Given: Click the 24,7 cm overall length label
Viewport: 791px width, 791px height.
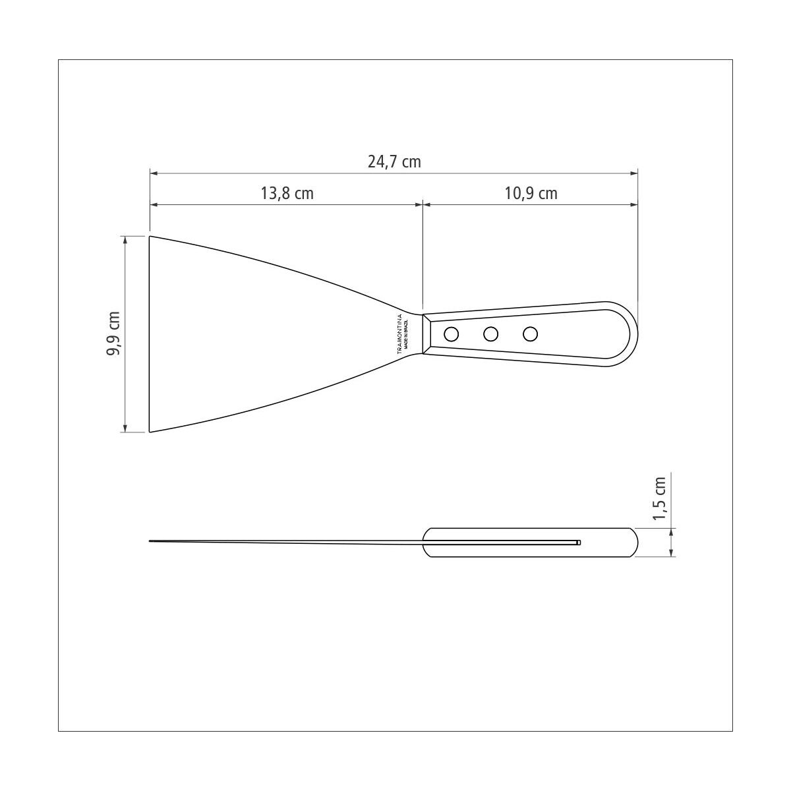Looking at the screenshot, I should (x=394, y=161).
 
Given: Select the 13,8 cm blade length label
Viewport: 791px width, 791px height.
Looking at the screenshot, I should (x=287, y=193).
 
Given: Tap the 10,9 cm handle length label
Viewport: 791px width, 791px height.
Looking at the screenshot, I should (x=531, y=193).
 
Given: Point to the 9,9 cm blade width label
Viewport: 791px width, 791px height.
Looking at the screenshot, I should (x=113, y=334).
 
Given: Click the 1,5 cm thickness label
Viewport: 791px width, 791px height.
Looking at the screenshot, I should (x=659, y=498).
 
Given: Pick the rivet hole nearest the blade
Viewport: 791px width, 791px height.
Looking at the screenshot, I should (x=452, y=334).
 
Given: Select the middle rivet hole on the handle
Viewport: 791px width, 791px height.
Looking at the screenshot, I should (x=490, y=334).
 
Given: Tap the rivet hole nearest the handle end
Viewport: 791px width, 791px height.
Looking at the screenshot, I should (x=530, y=334).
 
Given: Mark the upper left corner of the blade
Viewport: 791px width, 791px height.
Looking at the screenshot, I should (x=150, y=237).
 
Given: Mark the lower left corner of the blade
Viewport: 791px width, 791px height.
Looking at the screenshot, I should (x=150, y=432).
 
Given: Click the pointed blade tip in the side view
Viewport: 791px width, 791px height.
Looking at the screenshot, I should (x=151, y=541).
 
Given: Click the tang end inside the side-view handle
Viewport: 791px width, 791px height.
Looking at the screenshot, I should (x=579, y=542).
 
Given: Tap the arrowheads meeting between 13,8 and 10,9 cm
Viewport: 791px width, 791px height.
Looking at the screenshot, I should (x=423, y=205).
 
